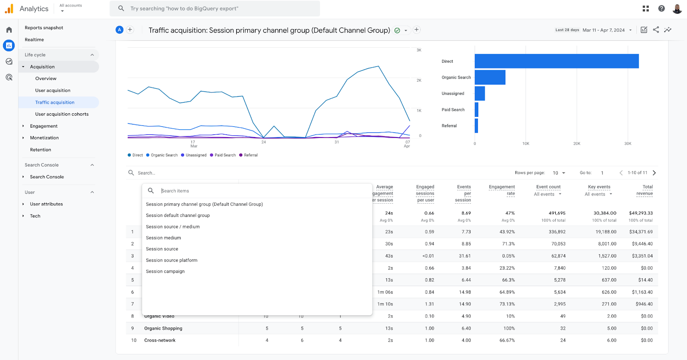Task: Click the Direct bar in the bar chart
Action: tap(556, 61)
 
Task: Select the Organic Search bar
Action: tap(490, 77)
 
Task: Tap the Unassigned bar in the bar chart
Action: tap(480, 93)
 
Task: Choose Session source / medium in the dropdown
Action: tap(173, 226)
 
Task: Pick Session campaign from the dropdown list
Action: tap(165, 271)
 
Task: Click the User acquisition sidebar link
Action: tap(53, 90)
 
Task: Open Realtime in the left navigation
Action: tap(34, 40)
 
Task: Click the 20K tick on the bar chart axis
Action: tap(577, 143)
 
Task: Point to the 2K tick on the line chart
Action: tap(419, 80)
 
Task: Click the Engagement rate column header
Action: tap(502, 190)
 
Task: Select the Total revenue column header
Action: tap(644, 190)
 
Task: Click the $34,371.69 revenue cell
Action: tap(641, 232)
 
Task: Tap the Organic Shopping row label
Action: tap(163, 328)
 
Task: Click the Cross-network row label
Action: tap(160, 340)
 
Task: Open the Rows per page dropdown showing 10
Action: tap(559, 173)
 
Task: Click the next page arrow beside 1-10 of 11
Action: tap(654, 173)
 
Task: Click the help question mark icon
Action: tap(661, 9)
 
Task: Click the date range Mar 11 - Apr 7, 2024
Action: tap(604, 30)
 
